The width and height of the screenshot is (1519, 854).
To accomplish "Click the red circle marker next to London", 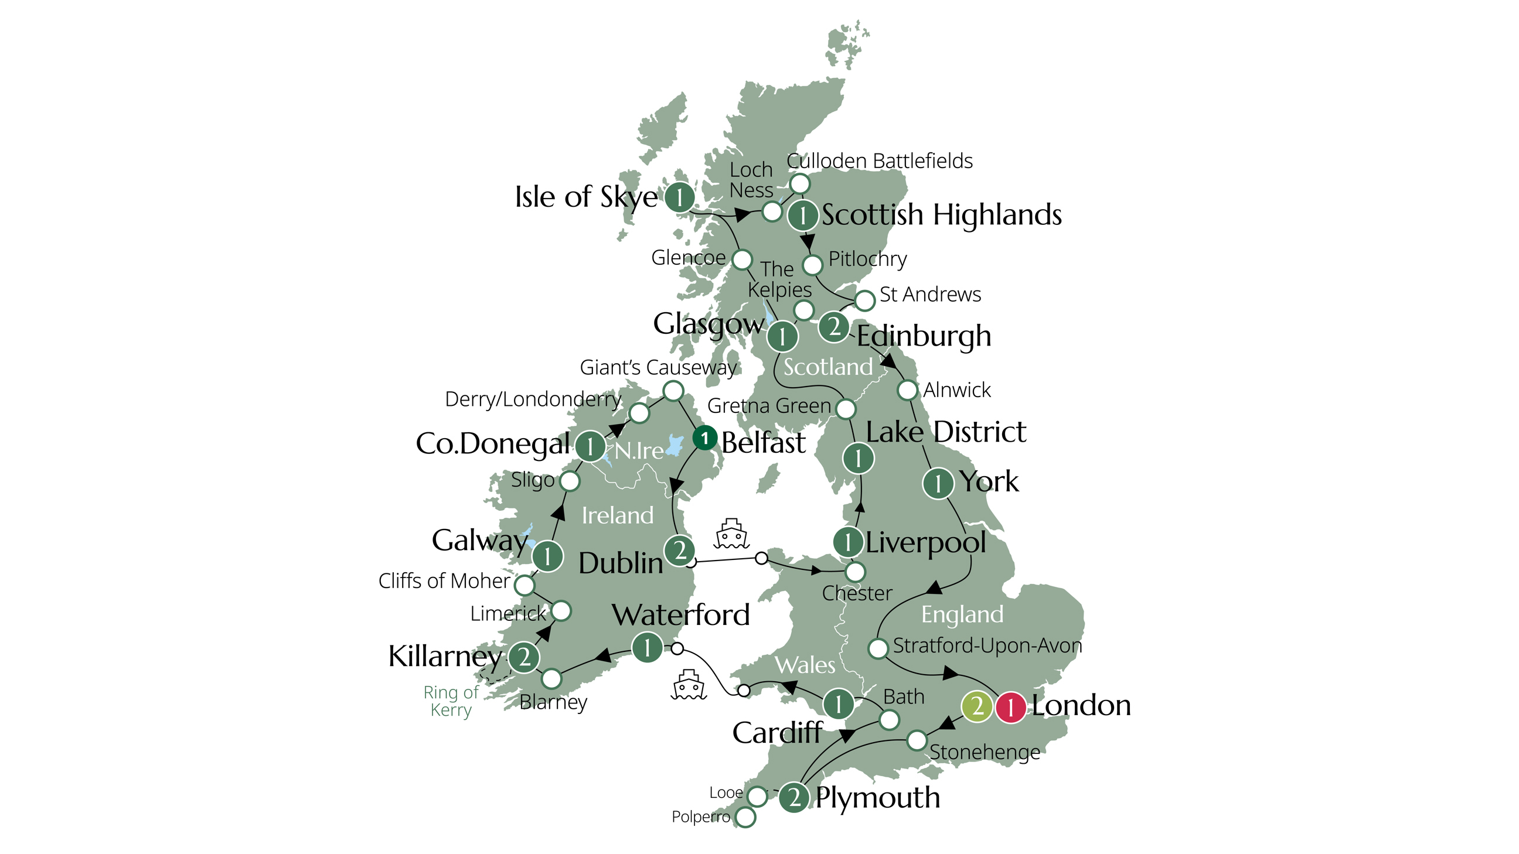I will pyautogui.click(x=1011, y=706).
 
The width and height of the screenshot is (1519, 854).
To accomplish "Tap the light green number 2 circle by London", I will pyautogui.click(x=976, y=706).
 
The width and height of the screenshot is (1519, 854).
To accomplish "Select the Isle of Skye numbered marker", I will pyautogui.click(x=679, y=197).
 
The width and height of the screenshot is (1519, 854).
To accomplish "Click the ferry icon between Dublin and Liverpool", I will pyautogui.click(x=732, y=534).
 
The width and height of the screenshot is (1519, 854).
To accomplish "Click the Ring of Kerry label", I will pyautogui.click(x=451, y=700).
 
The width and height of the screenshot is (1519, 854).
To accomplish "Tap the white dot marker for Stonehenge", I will pyautogui.click(x=917, y=740).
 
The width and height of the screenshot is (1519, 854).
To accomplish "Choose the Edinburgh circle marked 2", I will pyautogui.click(x=834, y=326).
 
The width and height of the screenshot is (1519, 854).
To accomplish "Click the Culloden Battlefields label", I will pyautogui.click(x=879, y=160).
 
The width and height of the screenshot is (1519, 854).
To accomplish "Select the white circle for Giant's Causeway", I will pyautogui.click(x=673, y=391).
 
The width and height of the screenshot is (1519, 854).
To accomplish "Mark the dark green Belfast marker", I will pyautogui.click(x=704, y=438).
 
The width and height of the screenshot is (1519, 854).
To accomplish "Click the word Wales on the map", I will pyautogui.click(x=805, y=665).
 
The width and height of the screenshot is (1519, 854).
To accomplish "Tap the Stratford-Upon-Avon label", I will pyautogui.click(x=987, y=645).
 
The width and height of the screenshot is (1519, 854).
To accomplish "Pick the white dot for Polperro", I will pyautogui.click(x=745, y=817).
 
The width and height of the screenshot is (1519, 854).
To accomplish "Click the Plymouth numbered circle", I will pyautogui.click(x=794, y=798).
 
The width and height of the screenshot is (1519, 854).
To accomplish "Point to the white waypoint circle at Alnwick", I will pyautogui.click(x=908, y=390).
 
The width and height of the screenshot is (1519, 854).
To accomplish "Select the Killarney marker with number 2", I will pyautogui.click(x=524, y=657).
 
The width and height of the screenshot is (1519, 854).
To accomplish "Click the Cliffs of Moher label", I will pyautogui.click(x=444, y=580).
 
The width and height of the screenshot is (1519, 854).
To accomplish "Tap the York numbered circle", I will pyautogui.click(x=938, y=483).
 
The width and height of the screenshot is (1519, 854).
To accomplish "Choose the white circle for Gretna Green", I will pyautogui.click(x=846, y=408).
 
